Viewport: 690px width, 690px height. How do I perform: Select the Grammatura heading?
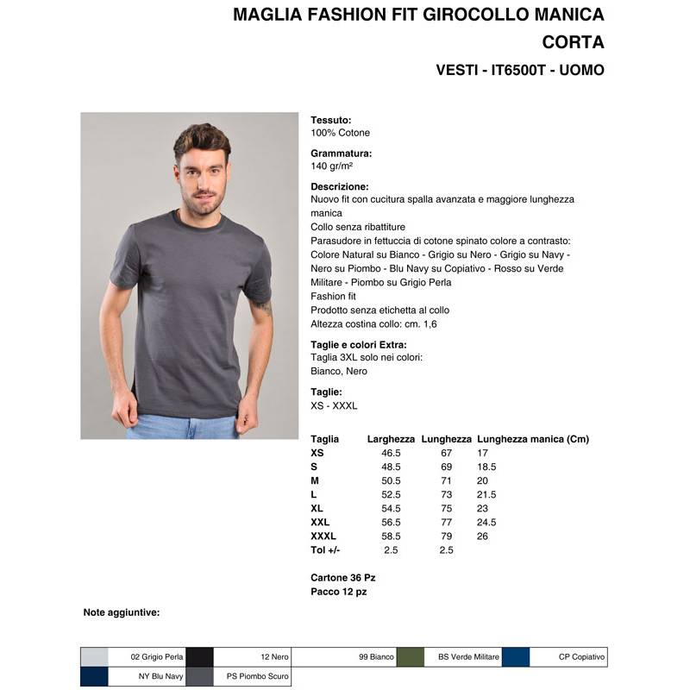pos(341,154)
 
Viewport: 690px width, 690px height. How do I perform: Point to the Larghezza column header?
pos(391,439)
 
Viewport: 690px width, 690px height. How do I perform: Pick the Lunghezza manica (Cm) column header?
pos(532,439)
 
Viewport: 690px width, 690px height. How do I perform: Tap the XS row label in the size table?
pos(317,453)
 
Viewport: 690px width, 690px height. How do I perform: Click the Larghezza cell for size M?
pos(391,480)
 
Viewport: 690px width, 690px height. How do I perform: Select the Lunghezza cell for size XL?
pos(446,508)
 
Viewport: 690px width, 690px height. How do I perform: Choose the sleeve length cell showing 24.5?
pos(487,522)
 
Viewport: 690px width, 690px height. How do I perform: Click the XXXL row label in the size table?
pos(323,536)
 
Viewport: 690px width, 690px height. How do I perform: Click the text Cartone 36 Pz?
pos(342,577)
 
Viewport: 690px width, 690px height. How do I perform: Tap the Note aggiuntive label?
pos(122,612)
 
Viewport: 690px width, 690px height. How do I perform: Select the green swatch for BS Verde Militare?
pos(410,657)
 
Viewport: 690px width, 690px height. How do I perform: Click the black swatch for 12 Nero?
pos(200,657)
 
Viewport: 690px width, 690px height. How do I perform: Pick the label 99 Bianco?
pos(376,657)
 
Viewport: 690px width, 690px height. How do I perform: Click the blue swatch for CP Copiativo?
pos(516,657)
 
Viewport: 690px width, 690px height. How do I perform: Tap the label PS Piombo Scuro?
pos(258,677)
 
